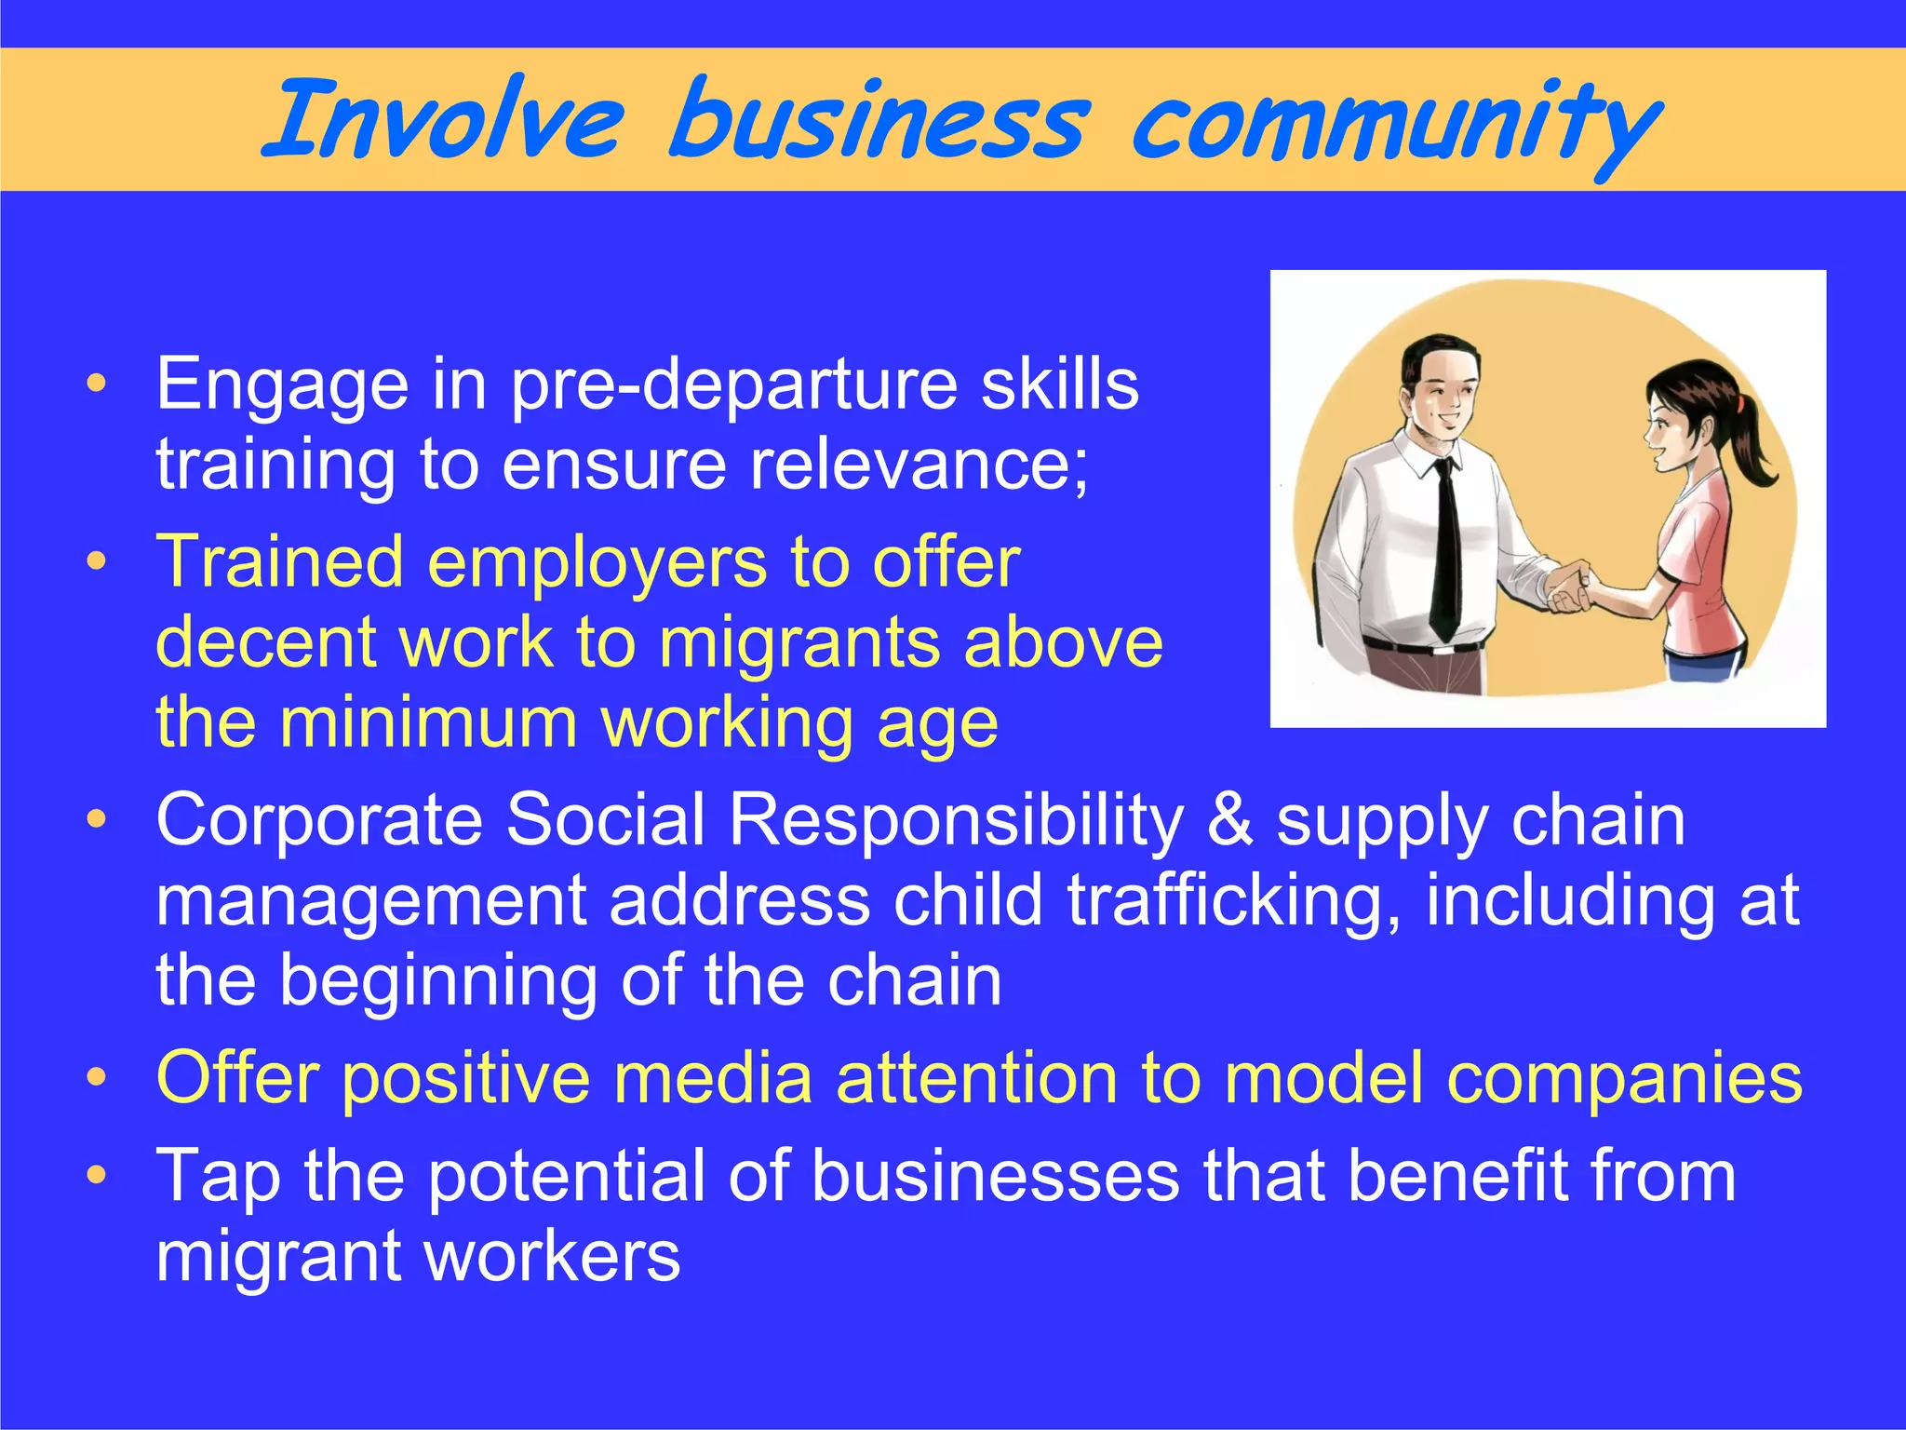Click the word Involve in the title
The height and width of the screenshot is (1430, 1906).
(443, 121)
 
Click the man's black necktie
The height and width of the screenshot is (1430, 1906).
(1445, 549)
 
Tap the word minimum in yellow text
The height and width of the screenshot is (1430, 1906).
(429, 723)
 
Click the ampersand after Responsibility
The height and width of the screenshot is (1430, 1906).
(1229, 820)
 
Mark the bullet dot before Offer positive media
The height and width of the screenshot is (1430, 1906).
(96, 1079)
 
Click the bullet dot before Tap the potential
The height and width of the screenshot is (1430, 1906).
(96, 1176)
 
